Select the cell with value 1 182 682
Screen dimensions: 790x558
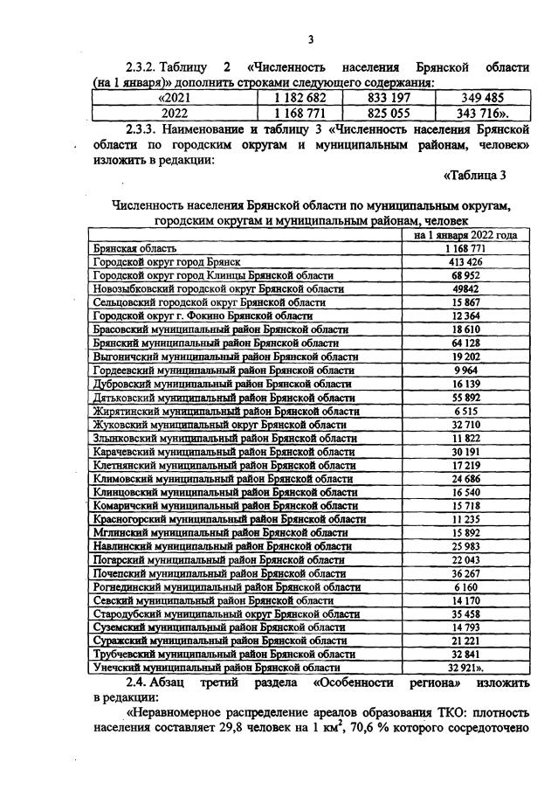(300, 98)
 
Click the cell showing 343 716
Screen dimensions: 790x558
(483, 114)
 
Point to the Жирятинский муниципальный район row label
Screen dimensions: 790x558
(223, 410)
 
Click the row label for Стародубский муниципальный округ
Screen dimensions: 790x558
(226, 614)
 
